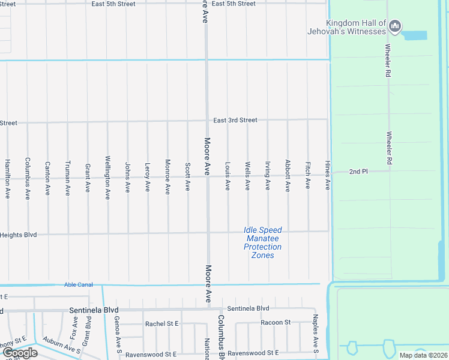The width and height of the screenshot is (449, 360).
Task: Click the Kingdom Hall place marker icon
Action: pyautogui.click(x=395, y=26)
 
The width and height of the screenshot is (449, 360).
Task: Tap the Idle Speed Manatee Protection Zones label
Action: pyautogui.click(x=262, y=242)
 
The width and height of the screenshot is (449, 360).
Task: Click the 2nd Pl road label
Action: pyautogui.click(x=358, y=172)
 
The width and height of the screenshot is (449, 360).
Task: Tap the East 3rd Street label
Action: pyautogui.click(x=235, y=120)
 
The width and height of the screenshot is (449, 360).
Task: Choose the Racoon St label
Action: pyautogui.click(x=276, y=322)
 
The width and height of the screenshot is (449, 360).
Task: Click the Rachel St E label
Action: pyautogui.click(x=162, y=323)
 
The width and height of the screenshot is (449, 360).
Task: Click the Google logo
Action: pyautogui.click(x=20, y=353)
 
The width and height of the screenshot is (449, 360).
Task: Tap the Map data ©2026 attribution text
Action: pyautogui.click(x=424, y=355)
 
